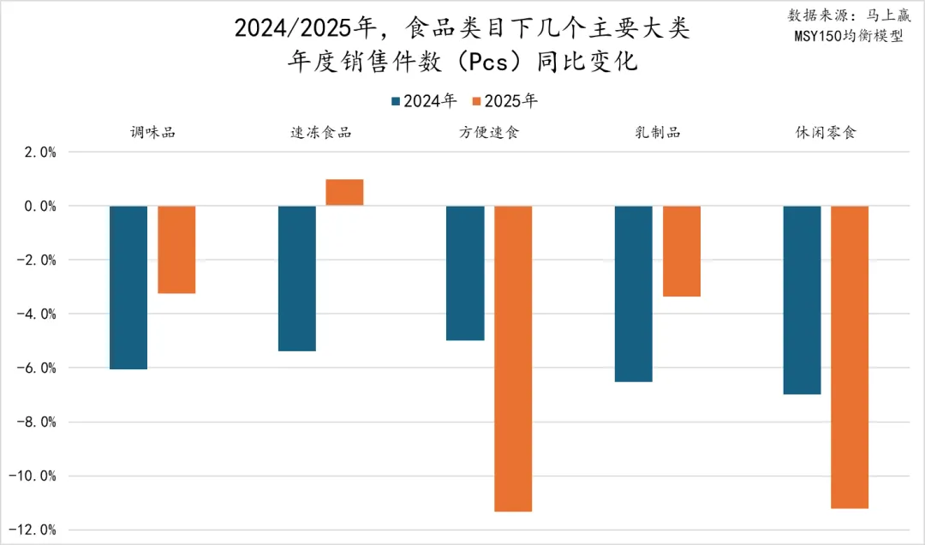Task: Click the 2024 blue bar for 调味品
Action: coord(128,287)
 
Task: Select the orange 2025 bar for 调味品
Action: coord(176,249)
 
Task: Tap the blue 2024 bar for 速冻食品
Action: coord(297,278)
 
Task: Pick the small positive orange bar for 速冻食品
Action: coord(344,192)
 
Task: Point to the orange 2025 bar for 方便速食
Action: coord(513,358)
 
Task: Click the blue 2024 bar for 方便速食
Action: coord(465,272)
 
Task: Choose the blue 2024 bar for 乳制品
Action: coord(634,293)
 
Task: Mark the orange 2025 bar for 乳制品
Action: coord(682,251)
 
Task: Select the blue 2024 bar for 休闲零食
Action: coord(803,300)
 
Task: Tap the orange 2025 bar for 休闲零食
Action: coord(850,356)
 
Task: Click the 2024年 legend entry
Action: coord(423,101)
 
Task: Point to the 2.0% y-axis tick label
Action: coord(37,153)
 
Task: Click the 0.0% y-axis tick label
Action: coord(37,207)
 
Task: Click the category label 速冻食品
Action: coord(321,133)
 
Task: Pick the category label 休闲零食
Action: coord(827,133)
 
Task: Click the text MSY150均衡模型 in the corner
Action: coord(846,37)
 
